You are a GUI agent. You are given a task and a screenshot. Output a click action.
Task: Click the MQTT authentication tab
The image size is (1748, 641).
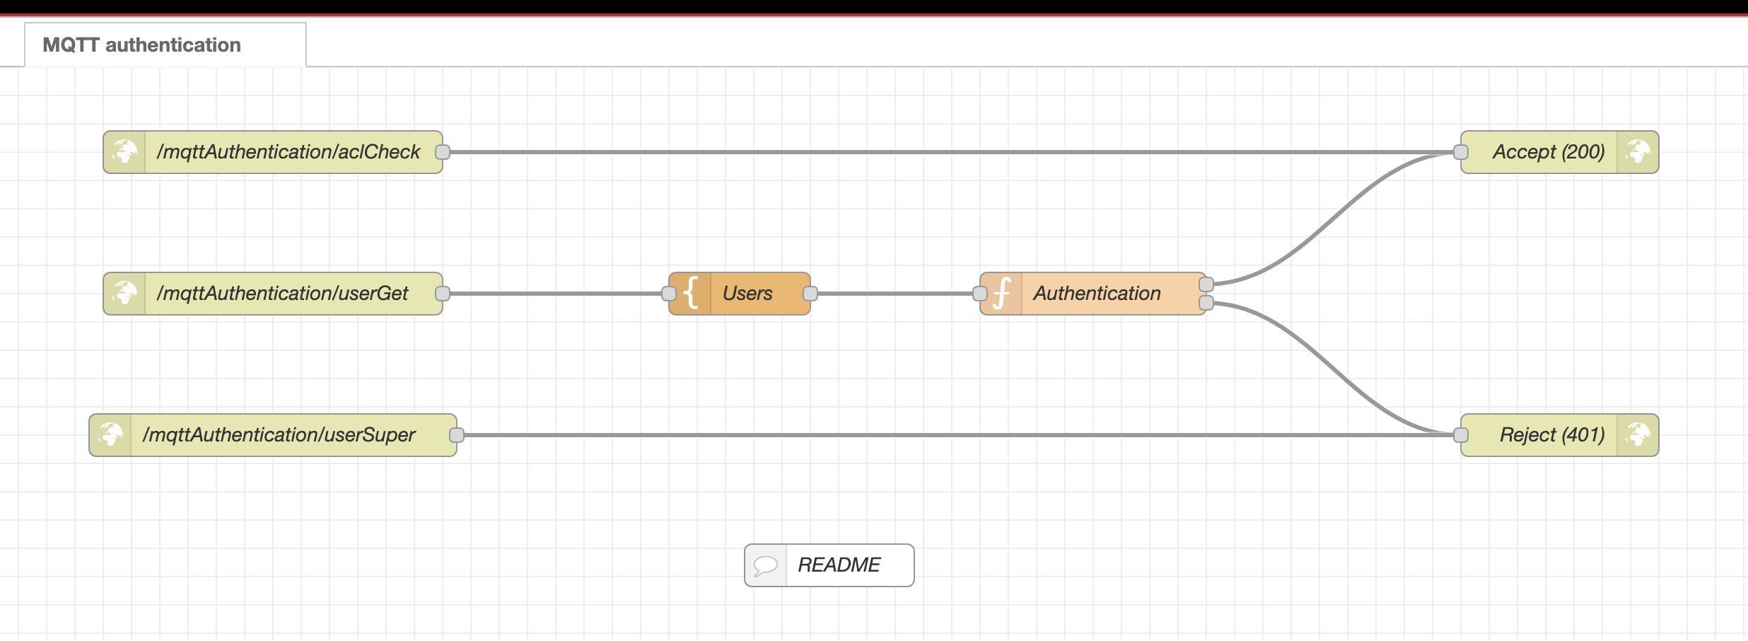(141, 45)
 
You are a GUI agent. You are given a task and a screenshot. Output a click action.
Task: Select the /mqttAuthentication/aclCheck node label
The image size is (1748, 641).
(289, 152)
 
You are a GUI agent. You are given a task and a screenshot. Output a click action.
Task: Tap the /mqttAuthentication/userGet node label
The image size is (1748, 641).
(282, 294)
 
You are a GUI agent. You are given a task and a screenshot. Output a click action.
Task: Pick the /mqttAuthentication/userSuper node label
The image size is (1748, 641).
(279, 435)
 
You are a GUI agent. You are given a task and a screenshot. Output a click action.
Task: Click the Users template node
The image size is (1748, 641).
(747, 294)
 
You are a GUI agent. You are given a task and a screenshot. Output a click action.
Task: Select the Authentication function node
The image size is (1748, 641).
(1097, 294)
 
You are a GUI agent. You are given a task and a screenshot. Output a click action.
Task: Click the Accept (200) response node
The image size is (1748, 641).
(1548, 152)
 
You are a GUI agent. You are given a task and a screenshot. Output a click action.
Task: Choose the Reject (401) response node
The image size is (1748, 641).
(1551, 435)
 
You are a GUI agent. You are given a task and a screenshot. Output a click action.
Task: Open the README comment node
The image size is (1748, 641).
(839, 565)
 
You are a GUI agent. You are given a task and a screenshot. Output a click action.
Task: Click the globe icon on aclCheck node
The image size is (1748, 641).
(124, 152)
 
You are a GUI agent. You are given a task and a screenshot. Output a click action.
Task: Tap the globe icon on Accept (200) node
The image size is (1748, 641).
(1638, 152)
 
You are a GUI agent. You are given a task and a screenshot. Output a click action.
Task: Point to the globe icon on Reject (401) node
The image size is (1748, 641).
(1638, 435)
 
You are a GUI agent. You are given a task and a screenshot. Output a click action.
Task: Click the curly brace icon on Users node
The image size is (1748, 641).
(691, 294)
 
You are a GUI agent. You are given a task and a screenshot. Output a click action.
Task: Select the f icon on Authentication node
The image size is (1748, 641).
(1001, 294)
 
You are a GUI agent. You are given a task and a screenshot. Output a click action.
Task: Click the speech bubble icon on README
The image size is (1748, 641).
(765, 565)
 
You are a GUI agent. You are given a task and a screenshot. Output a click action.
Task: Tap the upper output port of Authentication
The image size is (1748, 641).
(1206, 284)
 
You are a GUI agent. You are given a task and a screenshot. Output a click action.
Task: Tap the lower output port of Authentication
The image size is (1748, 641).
(1206, 304)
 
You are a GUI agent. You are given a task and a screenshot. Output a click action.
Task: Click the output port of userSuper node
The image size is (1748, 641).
(457, 435)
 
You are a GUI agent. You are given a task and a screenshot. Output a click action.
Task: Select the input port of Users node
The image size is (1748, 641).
(668, 294)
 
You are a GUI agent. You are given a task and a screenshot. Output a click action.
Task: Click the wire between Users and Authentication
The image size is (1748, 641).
(895, 294)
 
